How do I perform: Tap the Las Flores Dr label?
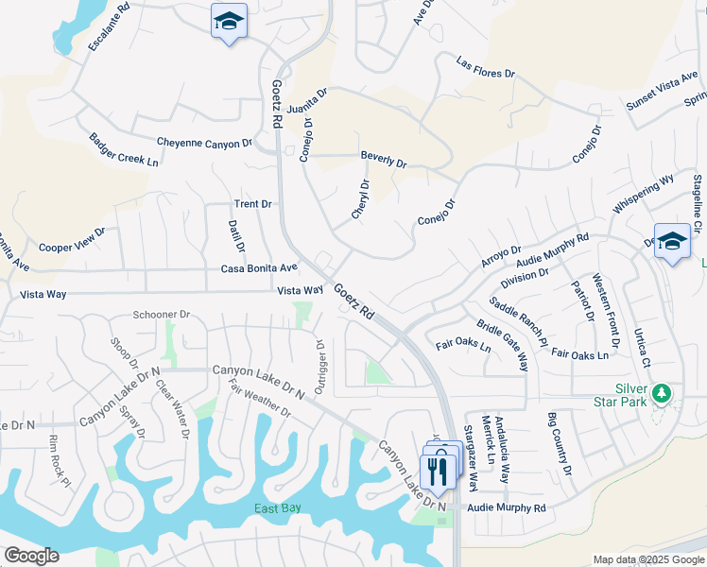tap(485, 67)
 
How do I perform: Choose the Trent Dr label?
tap(252, 204)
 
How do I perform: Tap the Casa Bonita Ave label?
tap(259, 268)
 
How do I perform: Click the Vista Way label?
tap(300, 290)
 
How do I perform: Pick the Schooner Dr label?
tap(162, 315)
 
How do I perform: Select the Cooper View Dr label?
tap(72, 241)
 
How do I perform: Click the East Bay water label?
tap(277, 508)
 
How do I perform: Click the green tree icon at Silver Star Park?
tap(664, 392)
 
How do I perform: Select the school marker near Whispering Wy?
tap(671, 241)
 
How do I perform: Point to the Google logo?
tap(31, 556)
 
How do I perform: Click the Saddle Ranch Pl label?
tap(518, 321)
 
